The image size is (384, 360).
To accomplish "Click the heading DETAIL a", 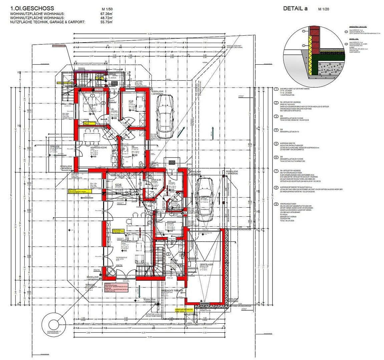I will tap(295, 9).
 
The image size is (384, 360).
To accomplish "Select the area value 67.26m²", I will tap(106, 14).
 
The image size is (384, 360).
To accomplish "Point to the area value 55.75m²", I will tap(106, 22).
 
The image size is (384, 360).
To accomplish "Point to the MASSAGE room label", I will tap(171, 222).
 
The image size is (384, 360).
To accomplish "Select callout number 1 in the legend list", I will tap(276, 89).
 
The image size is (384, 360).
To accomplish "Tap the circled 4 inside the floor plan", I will tap(142, 165).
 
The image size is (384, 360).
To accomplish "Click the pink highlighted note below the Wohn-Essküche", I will tap(115, 288).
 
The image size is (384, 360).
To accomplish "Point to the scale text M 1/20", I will tap(323, 9).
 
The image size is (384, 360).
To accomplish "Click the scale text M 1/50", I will tap(106, 9).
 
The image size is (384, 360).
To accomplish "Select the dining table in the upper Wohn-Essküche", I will tap(91, 136).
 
